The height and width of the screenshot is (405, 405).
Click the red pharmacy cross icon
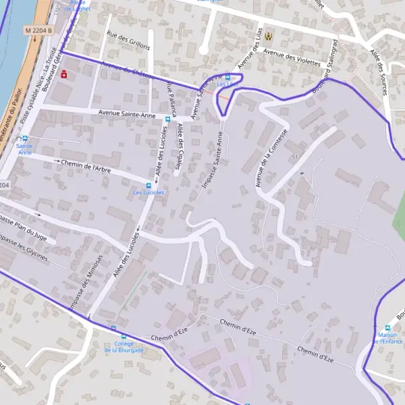65,74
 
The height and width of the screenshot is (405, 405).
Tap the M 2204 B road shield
38,30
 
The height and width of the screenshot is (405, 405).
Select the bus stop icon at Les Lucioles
148,186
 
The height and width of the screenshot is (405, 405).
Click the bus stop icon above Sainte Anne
25,138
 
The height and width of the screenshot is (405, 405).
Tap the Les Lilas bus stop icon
228,78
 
